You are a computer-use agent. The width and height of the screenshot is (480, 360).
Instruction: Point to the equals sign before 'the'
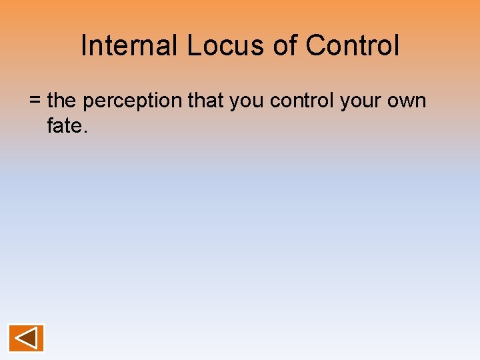pyautogui.click(x=35, y=101)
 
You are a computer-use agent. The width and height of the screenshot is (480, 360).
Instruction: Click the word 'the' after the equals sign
pyautogui.click(x=62, y=101)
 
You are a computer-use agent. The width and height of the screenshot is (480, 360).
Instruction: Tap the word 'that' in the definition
pyautogui.click(x=206, y=101)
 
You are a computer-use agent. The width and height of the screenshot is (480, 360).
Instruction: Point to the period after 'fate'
pyautogui.click(x=84, y=131)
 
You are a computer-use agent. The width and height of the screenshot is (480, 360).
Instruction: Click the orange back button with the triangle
pyautogui.click(x=26, y=338)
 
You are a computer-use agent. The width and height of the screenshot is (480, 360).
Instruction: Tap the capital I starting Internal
pyautogui.click(x=84, y=45)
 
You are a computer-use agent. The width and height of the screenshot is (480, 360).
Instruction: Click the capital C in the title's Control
pyautogui.click(x=316, y=45)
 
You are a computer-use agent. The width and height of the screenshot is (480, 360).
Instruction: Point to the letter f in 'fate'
pyautogui.click(x=51, y=125)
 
